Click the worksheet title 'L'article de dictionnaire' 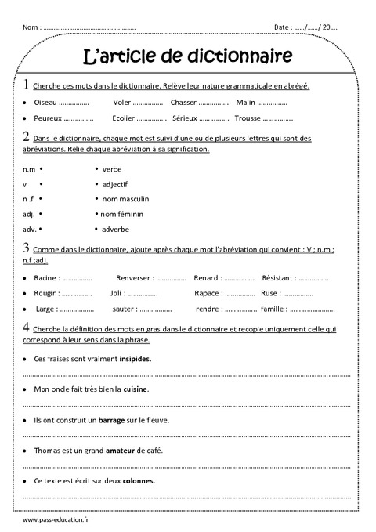pyautogui.click(x=188, y=56)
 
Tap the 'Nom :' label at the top pyautogui.click(x=32, y=27)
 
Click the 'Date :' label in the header pyautogui.click(x=283, y=27)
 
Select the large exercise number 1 pyautogui.click(x=27, y=85)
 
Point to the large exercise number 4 pyautogui.click(x=27, y=328)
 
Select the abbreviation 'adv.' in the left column pyautogui.click(x=30, y=229)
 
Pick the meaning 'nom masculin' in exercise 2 pyautogui.click(x=125, y=199)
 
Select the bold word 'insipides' pyautogui.click(x=135, y=359)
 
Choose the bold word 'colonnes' pyautogui.click(x=138, y=480)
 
